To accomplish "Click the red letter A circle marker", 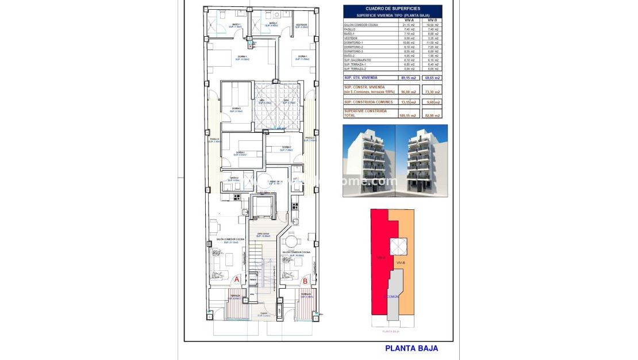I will click(x=237, y=280).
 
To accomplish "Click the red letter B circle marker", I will click(x=305, y=281).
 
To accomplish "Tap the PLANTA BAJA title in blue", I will click(x=411, y=348).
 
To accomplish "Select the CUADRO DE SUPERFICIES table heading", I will click(x=393, y=9).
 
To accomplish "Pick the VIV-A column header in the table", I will click(x=409, y=20).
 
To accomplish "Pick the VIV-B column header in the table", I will click(x=433, y=20).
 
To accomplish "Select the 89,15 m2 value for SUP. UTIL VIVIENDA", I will click(x=409, y=77).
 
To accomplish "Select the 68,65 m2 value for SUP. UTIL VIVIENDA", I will click(x=433, y=77).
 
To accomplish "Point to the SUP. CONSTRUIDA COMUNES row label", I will click(x=368, y=102).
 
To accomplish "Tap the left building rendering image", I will click(x=369, y=160).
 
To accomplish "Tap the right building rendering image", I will click(x=422, y=160).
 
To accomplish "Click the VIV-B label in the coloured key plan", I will click(x=401, y=262).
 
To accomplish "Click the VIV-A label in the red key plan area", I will click(x=380, y=258).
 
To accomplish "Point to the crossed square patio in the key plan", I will click(x=399, y=246).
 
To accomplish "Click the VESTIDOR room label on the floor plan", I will click(x=302, y=25).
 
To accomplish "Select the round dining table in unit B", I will click(x=292, y=242).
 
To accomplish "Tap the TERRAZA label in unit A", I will click(x=235, y=296).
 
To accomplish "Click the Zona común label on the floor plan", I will click(x=263, y=233).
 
